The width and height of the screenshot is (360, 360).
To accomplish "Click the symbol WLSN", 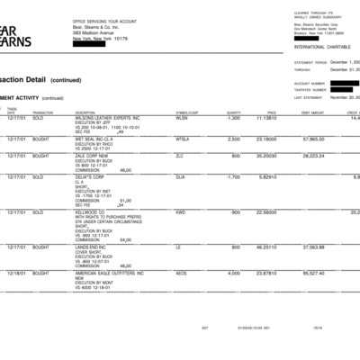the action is coord(182,118).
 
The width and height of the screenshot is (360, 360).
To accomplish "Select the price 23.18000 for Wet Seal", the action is coord(265,139).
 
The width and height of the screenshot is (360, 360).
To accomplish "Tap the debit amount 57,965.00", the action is coord(313,139).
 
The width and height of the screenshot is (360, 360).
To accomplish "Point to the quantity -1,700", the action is coord(232,176).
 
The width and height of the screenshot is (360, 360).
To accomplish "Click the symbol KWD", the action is coord(180,212).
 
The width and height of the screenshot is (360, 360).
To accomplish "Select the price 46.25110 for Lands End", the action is coord(265,247).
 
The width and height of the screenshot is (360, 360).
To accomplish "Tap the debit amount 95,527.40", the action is coord(313,273).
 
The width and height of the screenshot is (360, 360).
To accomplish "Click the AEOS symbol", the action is coord(182,273).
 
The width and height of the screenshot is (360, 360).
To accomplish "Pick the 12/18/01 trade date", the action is coord(16,273).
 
